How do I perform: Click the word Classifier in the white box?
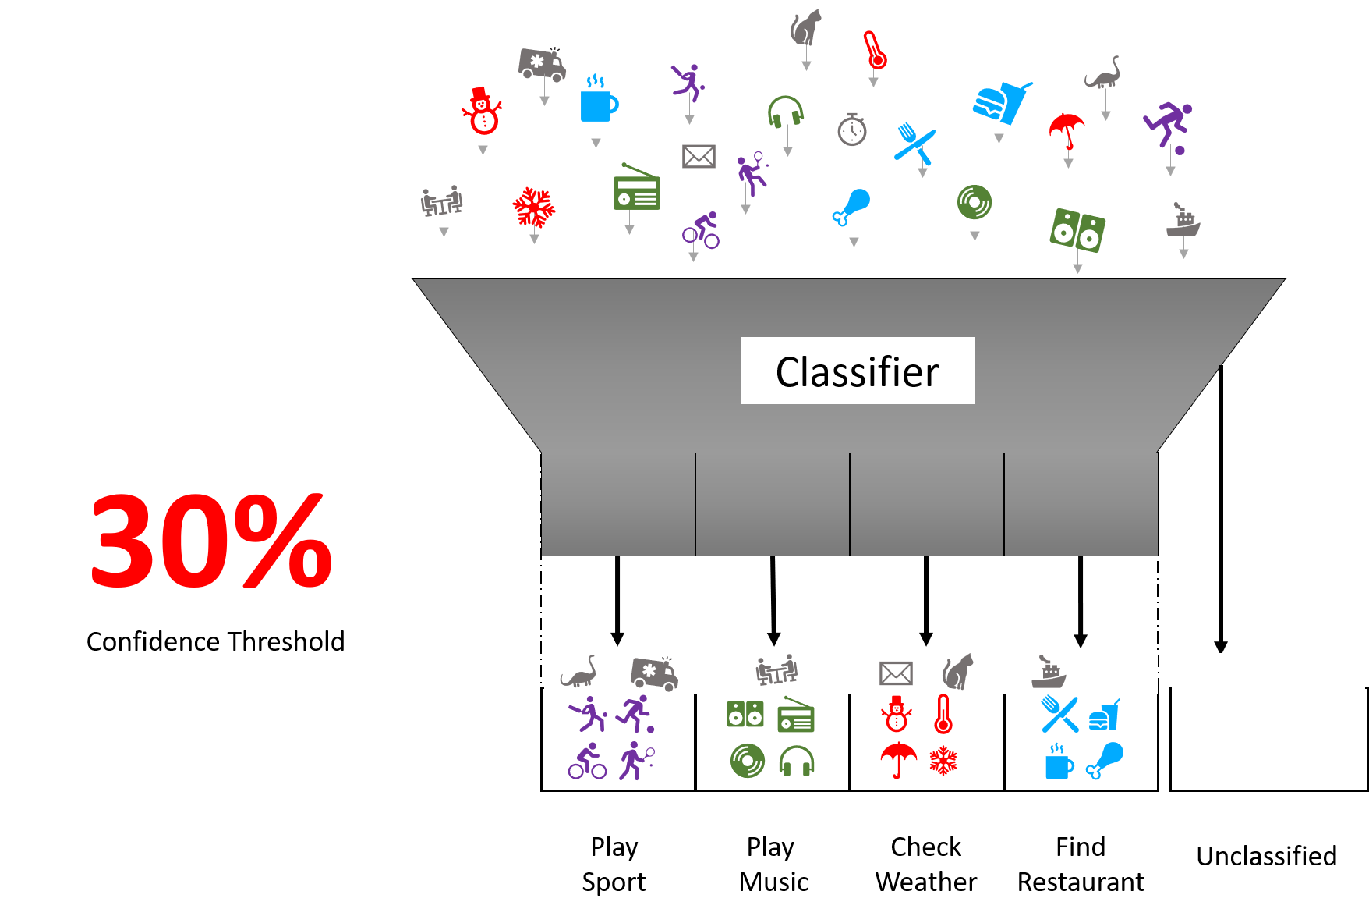[857, 371]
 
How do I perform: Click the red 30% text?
[211, 540]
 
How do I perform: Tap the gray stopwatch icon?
[852, 130]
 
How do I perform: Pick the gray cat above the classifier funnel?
[805, 28]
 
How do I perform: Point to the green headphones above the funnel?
[785, 112]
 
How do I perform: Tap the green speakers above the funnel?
[1077, 229]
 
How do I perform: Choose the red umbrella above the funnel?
[1067, 130]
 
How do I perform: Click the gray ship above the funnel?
[1183, 221]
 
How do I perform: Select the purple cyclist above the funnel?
[701, 230]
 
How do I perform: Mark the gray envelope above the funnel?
[699, 156]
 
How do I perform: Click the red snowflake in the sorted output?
[943, 761]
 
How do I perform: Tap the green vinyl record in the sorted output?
[747, 761]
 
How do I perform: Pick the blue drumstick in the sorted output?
[1106, 760]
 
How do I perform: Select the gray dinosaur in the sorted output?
[578, 672]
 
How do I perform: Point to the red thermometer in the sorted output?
[943, 714]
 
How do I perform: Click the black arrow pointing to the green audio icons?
[773, 600]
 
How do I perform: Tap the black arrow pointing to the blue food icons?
[1080, 601]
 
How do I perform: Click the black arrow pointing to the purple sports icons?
[617, 600]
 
